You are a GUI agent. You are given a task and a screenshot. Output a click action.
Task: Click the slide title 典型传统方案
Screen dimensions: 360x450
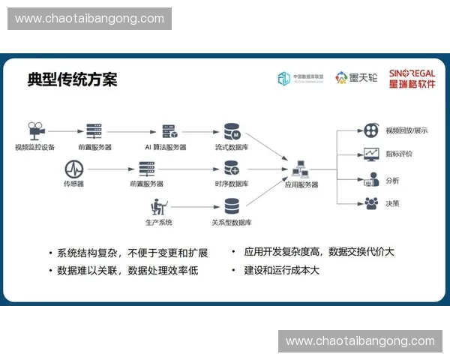pyautogui.click(x=72, y=79)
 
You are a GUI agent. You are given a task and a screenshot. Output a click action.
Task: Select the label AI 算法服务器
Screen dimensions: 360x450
pyautogui.click(x=166, y=147)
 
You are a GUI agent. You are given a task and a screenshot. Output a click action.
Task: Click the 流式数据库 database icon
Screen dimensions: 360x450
pyautogui.click(x=232, y=131)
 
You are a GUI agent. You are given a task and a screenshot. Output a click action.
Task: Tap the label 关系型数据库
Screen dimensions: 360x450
pyautogui.click(x=232, y=223)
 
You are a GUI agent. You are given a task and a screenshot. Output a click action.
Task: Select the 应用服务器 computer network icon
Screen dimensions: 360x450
pyautogui.click(x=301, y=168)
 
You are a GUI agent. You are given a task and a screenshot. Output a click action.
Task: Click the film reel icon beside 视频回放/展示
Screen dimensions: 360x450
pyautogui.click(x=370, y=130)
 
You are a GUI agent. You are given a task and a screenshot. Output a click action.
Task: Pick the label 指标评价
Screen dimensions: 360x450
pyautogui.click(x=398, y=154)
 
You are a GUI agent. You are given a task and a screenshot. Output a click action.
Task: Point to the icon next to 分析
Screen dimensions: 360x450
pyautogui.click(x=370, y=180)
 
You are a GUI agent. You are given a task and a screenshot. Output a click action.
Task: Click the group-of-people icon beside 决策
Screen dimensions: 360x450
pyautogui.click(x=370, y=202)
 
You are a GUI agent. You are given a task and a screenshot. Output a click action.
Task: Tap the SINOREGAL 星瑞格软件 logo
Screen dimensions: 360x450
pyautogui.click(x=412, y=78)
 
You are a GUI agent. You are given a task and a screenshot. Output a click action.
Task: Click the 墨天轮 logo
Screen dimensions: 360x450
pyautogui.click(x=356, y=78)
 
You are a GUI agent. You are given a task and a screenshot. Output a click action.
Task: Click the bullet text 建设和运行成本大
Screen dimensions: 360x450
pyautogui.click(x=281, y=269)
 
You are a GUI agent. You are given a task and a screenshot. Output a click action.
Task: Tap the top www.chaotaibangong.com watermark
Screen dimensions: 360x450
pyautogui.click(x=89, y=18)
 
